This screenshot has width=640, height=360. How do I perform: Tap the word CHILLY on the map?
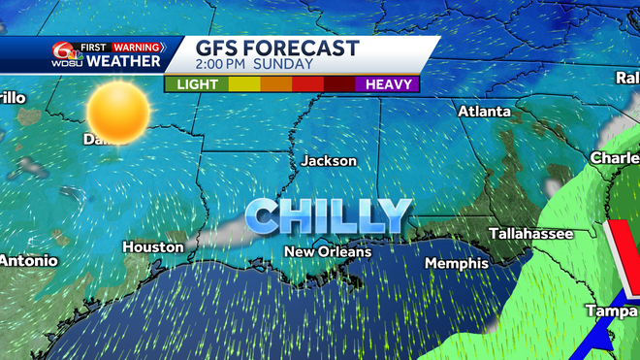[x=328, y=215]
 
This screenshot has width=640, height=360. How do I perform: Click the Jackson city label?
[x=329, y=161]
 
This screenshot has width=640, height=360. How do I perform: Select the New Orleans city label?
[x=327, y=252]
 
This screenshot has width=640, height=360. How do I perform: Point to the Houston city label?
[x=153, y=247]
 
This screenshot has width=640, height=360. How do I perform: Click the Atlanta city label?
[x=484, y=112]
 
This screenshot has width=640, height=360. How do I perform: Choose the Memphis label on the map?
[x=456, y=263]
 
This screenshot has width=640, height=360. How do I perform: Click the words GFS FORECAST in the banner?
[x=277, y=49]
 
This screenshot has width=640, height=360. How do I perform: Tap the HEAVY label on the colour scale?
[x=390, y=84]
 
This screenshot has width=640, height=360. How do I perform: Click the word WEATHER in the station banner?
[x=123, y=62]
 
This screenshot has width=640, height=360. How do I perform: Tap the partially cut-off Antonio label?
[x=28, y=261]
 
